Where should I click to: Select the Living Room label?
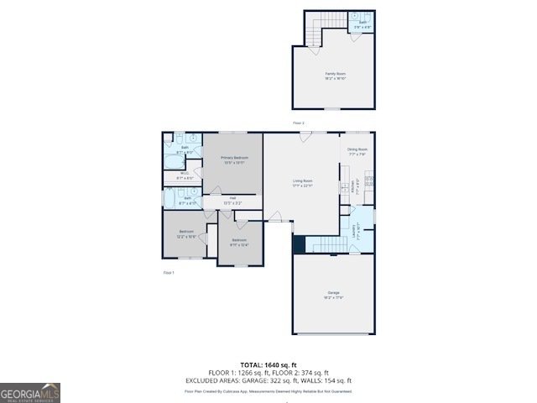click(x=302, y=182)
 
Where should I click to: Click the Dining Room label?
click(x=357, y=151)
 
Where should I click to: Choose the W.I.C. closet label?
click(x=185, y=175)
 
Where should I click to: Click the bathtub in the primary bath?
click(x=174, y=161)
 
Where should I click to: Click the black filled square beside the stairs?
click(x=298, y=243)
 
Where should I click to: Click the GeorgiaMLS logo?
click(x=30, y=392)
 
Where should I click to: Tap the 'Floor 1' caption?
click(x=168, y=273)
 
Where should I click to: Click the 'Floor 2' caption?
click(x=298, y=123)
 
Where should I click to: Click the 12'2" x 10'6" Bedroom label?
click(x=185, y=233)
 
